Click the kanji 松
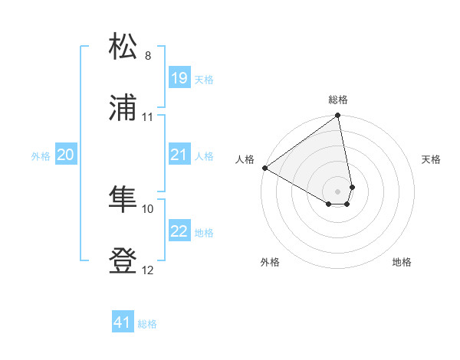pyautogui.click(x=123, y=47)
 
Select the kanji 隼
pyautogui.click(x=123, y=200)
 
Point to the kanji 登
pyautogui.click(x=123, y=261)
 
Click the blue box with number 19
pyautogui.click(x=179, y=77)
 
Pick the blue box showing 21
pyautogui.click(x=179, y=155)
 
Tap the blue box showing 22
pyautogui.click(x=179, y=231)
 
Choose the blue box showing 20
pyautogui.click(x=66, y=155)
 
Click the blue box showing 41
pyautogui.click(x=123, y=322)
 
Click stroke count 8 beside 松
pyautogui.click(x=148, y=56)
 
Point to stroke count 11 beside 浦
pyautogui.click(x=148, y=117)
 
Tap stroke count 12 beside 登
pyautogui.click(x=148, y=270)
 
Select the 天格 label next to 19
pyautogui.click(x=203, y=79)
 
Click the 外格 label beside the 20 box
pyautogui.click(x=41, y=156)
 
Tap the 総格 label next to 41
pyautogui.click(x=147, y=324)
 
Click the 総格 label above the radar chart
pyautogui.click(x=338, y=100)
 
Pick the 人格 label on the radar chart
pyautogui.click(x=245, y=159)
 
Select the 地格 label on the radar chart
pyautogui.click(x=402, y=262)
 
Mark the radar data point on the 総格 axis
pyautogui.click(x=337, y=116)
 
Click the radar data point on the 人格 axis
pyautogui.click(x=264, y=168)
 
